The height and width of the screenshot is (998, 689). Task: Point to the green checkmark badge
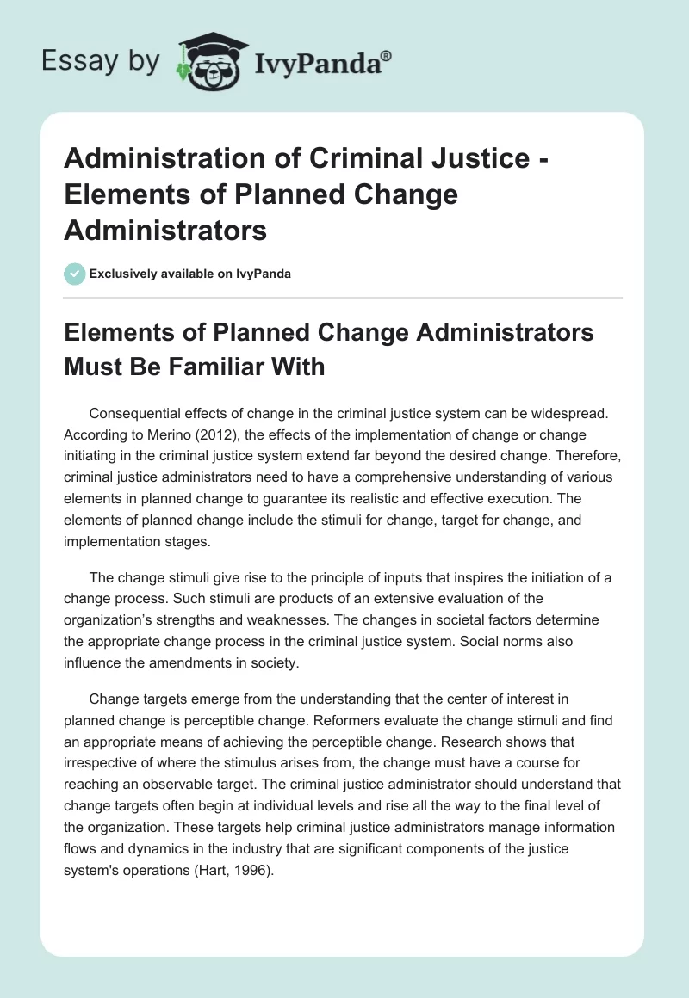[x=74, y=274]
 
